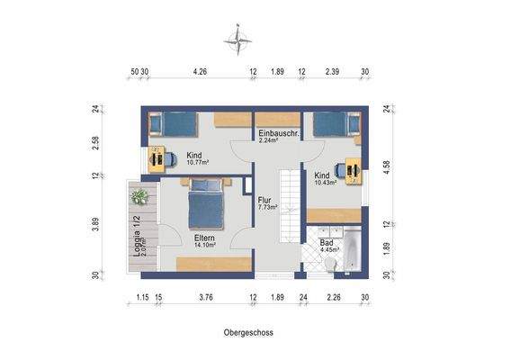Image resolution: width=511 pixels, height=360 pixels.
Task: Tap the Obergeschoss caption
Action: tap(249, 332)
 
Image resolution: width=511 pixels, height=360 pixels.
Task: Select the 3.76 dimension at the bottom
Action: tap(205, 298)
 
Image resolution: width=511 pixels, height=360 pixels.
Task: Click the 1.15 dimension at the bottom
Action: tap(141, 298)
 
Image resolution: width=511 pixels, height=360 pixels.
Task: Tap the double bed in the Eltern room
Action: tap(206, 202)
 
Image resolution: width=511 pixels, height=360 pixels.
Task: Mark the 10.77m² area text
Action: tap(198, 163)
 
